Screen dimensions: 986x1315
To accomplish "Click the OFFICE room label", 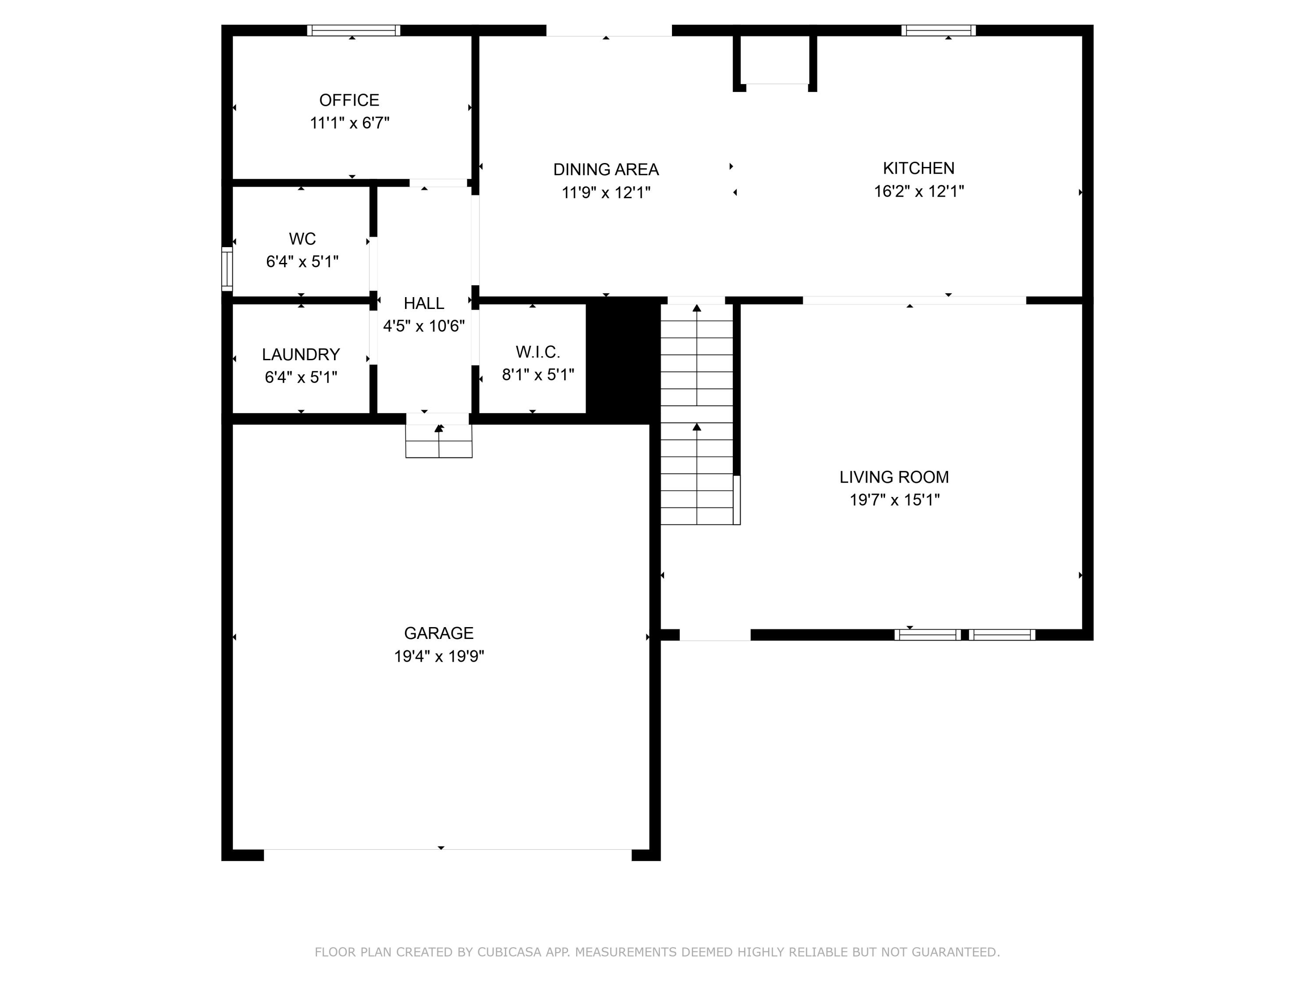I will coord(349,100).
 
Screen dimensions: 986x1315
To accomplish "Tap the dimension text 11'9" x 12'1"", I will coord(606,192).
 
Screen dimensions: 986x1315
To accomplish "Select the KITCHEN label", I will coord(918,168).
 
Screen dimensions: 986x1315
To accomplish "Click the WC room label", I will coord(302,239).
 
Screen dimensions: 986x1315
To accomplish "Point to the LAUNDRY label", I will coord(301,354).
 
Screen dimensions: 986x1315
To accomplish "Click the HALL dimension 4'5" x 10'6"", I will coord(424,326).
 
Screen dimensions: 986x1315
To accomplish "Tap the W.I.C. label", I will coord(537,352).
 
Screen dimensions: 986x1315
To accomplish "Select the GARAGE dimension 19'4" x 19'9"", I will coord(439,656).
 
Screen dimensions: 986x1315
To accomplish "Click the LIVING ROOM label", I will coord(894,477).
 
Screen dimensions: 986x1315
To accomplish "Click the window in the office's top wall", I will coord(354,30).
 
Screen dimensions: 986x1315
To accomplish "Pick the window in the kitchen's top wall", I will coord(938,30).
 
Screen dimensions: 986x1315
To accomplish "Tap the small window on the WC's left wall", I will coord(227,269).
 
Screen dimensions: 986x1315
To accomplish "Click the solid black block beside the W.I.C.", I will coord(623,361).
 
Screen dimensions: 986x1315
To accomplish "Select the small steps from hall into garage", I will coord(439,441).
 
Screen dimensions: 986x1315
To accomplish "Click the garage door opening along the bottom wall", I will coord(447,854).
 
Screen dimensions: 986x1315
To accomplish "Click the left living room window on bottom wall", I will coord(928,635).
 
